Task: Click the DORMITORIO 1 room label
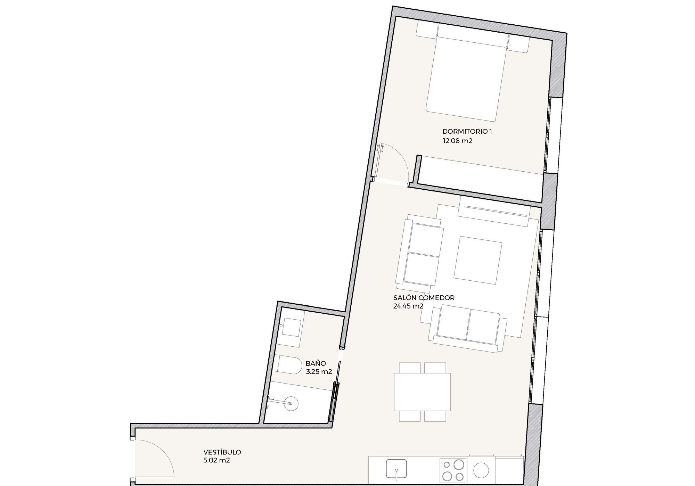467,132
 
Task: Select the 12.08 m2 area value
457,141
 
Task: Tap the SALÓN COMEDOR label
424,298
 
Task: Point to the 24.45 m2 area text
408,306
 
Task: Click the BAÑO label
316,363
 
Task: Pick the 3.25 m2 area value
319,372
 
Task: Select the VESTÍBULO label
222,452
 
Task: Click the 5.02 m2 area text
216,461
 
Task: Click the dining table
422,392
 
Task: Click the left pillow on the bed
427,30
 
